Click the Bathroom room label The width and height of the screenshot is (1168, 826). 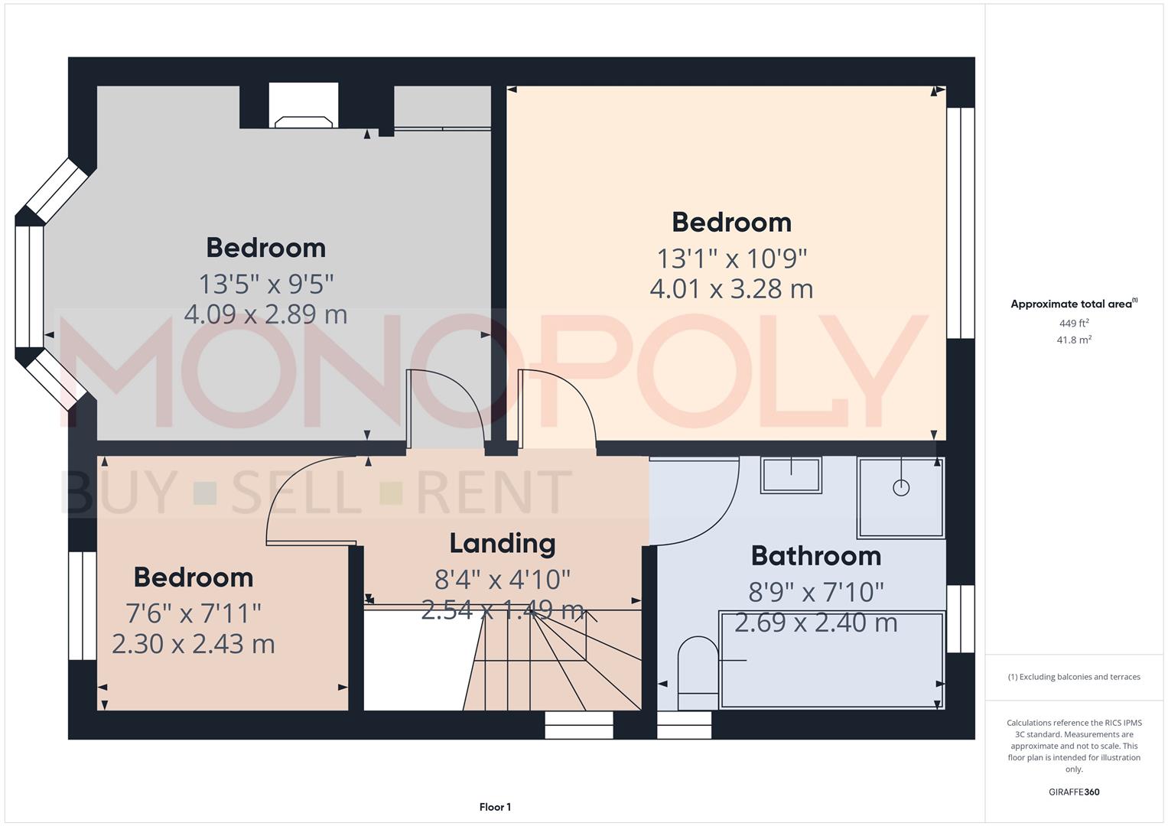pos(815,556)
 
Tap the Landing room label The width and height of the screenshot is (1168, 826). pos(502,544)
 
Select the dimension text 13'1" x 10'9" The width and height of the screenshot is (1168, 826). pos(732,259)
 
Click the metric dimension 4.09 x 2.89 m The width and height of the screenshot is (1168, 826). pos(265,314)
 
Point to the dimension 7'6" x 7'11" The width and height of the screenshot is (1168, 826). pos(194,613)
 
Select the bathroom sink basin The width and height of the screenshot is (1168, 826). pos(791,475)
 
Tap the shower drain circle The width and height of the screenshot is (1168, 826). pos(901,487)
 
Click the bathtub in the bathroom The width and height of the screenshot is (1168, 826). pos(831,659)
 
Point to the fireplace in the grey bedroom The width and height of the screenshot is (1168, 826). pos(304,121)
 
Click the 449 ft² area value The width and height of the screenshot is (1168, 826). pos(1074,324)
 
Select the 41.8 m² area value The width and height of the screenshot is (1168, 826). pos(1074,340)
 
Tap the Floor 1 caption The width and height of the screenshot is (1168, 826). pos(495,807)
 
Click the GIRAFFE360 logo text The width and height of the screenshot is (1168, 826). pos(1074,792)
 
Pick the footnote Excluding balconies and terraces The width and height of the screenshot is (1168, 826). pos(1074,677)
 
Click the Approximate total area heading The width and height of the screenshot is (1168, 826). pos(1073,304)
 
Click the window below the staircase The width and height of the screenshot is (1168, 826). pos(579,725)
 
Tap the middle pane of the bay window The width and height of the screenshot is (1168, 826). pos(30,287)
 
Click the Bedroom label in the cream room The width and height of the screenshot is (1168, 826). pos(731,223)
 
